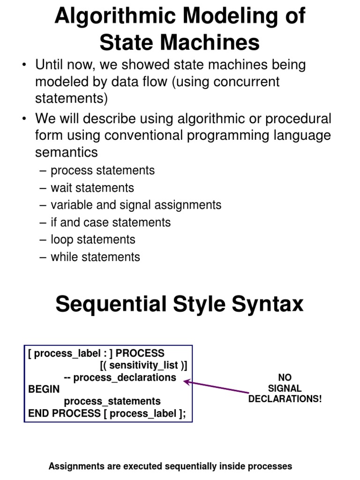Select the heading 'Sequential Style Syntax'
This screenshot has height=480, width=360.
180,304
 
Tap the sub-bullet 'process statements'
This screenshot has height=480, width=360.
102,171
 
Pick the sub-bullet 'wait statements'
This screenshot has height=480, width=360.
92,188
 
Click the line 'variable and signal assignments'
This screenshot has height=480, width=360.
135,205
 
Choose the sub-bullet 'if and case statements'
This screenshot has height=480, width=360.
110,222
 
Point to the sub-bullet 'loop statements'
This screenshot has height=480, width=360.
93,240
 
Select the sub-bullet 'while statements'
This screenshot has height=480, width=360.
95,257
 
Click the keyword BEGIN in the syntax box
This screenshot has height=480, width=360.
44,389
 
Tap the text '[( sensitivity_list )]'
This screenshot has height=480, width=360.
140,365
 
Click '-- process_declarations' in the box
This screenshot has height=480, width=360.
120,377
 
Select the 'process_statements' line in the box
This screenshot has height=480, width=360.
112,401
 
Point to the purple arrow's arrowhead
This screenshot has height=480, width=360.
186,382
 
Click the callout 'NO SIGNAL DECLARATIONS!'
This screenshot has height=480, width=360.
285,388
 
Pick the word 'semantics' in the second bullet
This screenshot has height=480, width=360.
67,152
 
